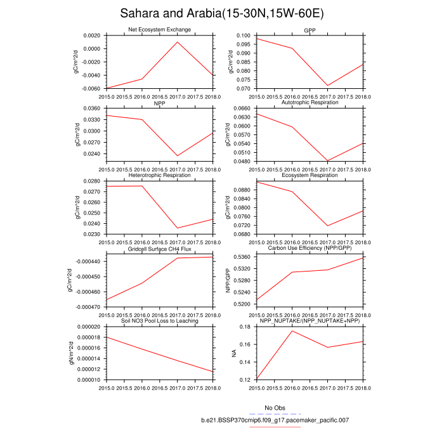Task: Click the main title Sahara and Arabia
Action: point(221,13)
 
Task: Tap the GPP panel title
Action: point(310,30)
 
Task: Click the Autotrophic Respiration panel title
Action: point(310,102)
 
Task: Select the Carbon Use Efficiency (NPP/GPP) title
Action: point(310,248)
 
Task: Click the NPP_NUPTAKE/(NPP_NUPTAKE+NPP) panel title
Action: point(310,321)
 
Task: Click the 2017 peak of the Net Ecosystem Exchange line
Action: point(176,42)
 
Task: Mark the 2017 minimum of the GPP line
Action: point(328,86)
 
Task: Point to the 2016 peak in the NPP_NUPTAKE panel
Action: point(292,330)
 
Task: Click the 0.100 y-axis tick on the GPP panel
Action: point(245,36)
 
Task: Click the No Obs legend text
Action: point(275,408)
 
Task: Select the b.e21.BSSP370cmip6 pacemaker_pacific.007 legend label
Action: point(275,420)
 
